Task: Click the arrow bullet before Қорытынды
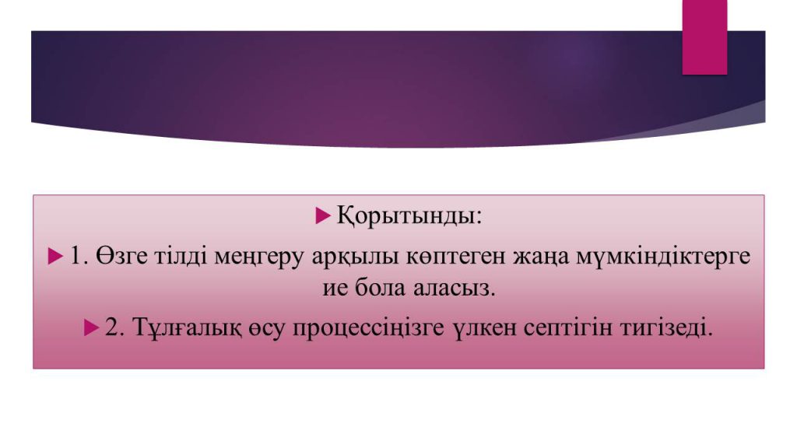[x=323, y=215]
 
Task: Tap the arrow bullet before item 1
[x=55, y=256]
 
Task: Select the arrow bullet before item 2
[x=92, y=327]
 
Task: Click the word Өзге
[x=121, y=256]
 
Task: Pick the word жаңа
[x=541, y=257]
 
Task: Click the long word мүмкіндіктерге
[x=663, y=257]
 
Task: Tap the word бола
[x=380, y=288]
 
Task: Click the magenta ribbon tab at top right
[x=704, y=37]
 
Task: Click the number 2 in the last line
[x=111, y=327]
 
